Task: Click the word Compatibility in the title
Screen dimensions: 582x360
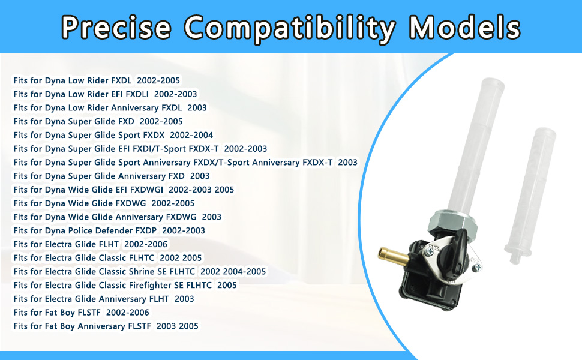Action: coord(290,28)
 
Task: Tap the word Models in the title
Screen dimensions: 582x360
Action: coord(465,28)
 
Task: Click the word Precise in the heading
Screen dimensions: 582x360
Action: coord(116,28)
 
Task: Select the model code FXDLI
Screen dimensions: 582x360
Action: coord(137,94)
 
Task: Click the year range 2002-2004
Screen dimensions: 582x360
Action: coord(191,135)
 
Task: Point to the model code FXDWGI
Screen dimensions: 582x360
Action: coord(147,190)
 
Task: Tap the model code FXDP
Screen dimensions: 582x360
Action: coord(146,230)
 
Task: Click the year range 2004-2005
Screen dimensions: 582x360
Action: coord(244,272)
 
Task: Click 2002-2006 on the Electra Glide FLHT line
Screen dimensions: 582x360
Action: coord(146,244)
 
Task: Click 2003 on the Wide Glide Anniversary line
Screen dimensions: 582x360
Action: coord(212,217)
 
